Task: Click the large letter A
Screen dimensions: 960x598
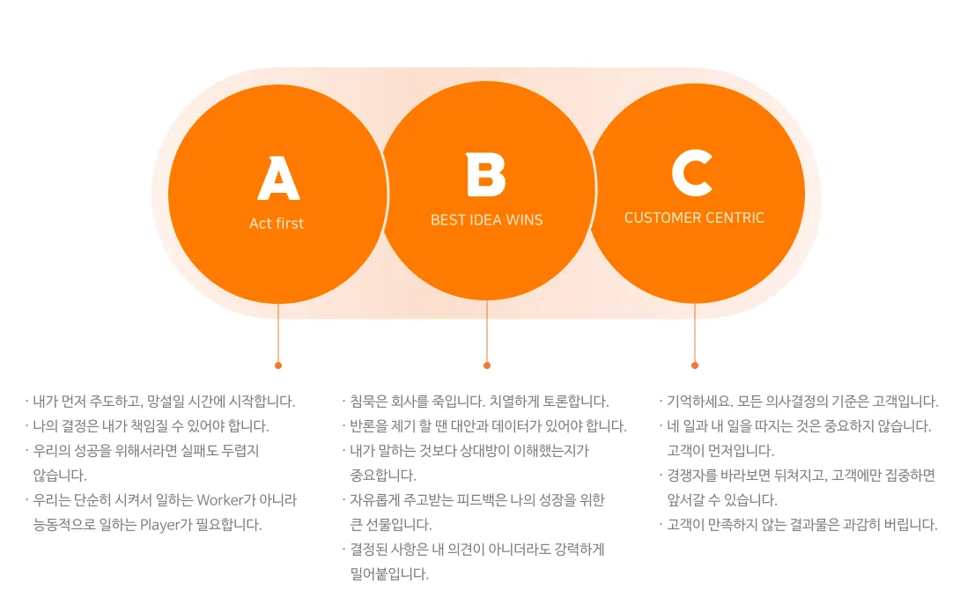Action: coord(278,179)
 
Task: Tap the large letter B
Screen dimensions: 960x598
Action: coord(486,175)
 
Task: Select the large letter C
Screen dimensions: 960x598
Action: coord(692,173)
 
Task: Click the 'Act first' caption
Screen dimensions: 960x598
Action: coord(277,224)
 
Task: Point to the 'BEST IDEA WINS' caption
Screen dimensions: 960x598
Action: coord(486,220)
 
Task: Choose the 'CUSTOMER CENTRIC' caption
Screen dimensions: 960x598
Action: coord(694,218)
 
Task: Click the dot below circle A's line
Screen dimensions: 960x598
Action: coord(278,365)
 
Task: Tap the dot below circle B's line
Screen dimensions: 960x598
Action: coord(487,365)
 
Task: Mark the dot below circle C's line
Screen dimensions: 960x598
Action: coord(695,365)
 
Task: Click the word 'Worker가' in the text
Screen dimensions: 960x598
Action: coord(225,500)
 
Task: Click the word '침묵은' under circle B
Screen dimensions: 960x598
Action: coord(370,402)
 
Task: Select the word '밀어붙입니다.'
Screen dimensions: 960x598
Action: coord(389,574)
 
